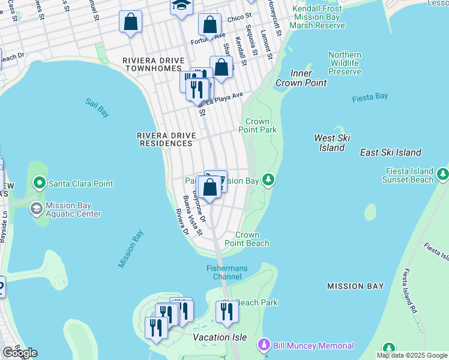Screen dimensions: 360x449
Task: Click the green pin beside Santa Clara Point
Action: tap(40, 183)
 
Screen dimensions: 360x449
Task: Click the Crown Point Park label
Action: tap(258, 125)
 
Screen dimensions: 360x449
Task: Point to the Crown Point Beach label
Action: tap(247, 239)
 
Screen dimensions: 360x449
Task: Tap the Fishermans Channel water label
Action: tap(227, 272)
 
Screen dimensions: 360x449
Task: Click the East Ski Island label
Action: tap(390, 152)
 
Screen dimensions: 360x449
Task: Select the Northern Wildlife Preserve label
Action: tap(345, 63)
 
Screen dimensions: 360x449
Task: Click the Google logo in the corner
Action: tap(19, 353)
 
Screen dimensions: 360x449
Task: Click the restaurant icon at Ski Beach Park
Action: tap(227, 312)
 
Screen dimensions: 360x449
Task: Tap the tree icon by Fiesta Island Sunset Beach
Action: tap(443, 174)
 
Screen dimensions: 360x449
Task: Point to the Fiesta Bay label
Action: tap(370, 97)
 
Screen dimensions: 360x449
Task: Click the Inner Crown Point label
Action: tap(301, 78)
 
